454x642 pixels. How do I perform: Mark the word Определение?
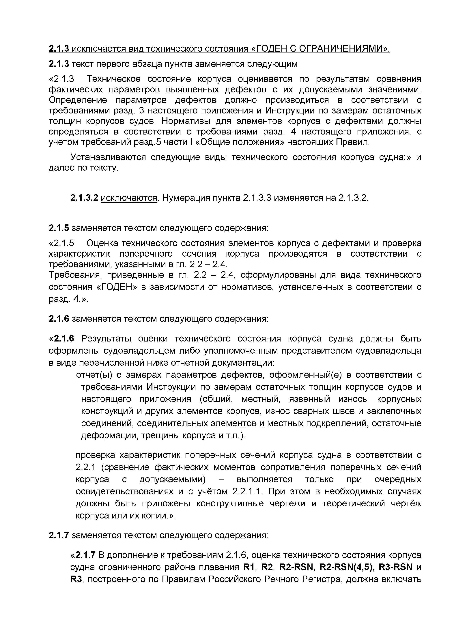point(78,100)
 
